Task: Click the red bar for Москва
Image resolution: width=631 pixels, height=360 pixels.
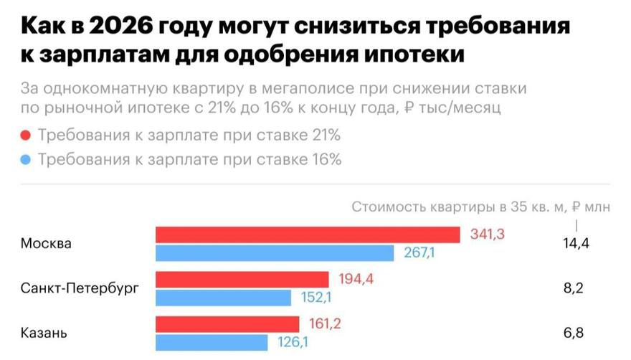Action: point(308,235)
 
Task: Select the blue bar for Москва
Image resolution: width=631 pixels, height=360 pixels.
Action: point(275,253)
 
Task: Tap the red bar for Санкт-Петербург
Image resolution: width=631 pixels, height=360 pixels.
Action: point(242,279)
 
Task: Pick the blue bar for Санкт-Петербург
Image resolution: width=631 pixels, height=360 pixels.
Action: point(223,298)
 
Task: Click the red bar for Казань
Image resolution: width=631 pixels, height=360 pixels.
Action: point(227,324)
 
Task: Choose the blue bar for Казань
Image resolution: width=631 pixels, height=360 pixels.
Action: point(212,343)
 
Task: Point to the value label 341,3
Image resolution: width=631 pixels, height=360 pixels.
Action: point(488,235)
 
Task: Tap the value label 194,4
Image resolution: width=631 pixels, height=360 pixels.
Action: point(356,279)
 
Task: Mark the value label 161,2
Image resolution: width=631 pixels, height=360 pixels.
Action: point(325,324)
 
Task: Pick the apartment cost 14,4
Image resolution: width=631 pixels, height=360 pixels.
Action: point(576,244)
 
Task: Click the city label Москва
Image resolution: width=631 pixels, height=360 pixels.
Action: point(47,244)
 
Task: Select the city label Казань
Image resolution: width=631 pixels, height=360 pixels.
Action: point(44,333)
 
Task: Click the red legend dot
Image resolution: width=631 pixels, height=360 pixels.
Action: point(27,136)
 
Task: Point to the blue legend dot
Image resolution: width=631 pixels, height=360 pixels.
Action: point(27,159)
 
